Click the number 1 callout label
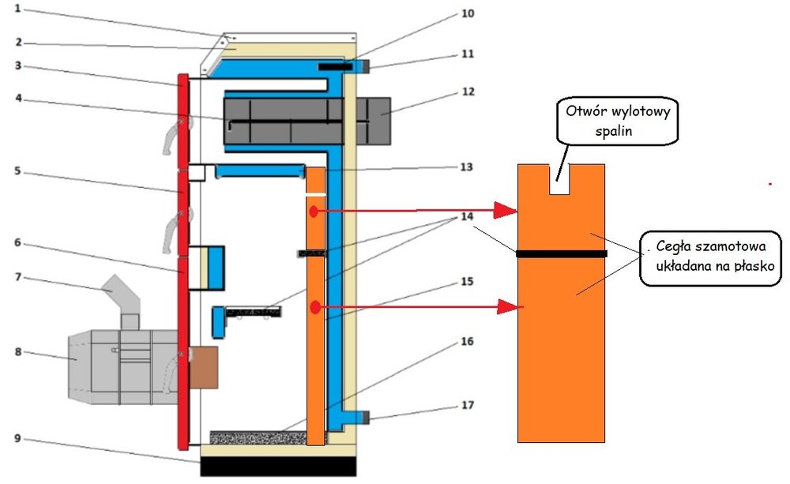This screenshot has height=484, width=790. (x=18, y=10)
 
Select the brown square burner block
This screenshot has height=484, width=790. (x=203, y=368)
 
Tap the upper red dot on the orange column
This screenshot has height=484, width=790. (x=314, y=212)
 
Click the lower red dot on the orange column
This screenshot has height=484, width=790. (x=314, y=306)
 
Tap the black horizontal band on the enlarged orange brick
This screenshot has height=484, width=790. (x=561, y=253)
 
